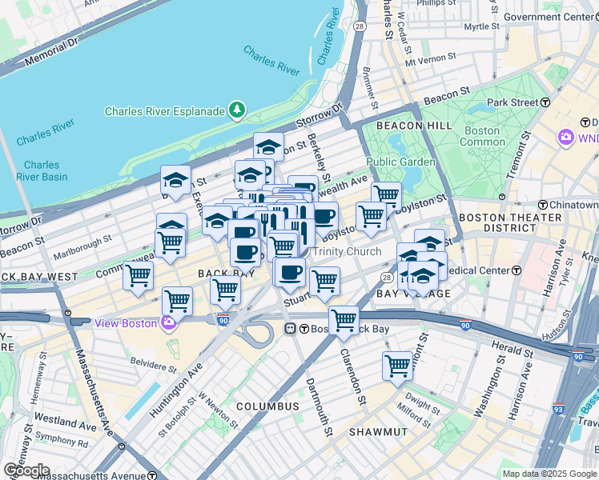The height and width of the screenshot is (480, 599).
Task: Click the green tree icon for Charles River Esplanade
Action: pyautogui.click(x=237, y=109)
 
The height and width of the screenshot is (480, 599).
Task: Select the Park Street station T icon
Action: pyautogui.click(x=545, y=102)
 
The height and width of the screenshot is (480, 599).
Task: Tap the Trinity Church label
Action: pyautogui.click(x=346, y=252)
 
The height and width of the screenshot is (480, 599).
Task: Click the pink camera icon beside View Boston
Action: pyautogui.click(x=167, y=322)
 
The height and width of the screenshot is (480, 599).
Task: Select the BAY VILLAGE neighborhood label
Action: pyautogui.click(x=414, y=294)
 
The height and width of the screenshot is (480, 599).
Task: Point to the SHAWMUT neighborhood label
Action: pyautogui.click(x=378, y=432)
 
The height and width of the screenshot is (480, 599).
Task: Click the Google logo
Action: pyautogui.click(x=26, y=470)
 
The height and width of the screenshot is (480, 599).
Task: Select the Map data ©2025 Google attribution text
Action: pyautogui.click(x=549, y=474)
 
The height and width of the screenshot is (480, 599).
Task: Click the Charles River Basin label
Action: pyautogui.click(x=42, y=170)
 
